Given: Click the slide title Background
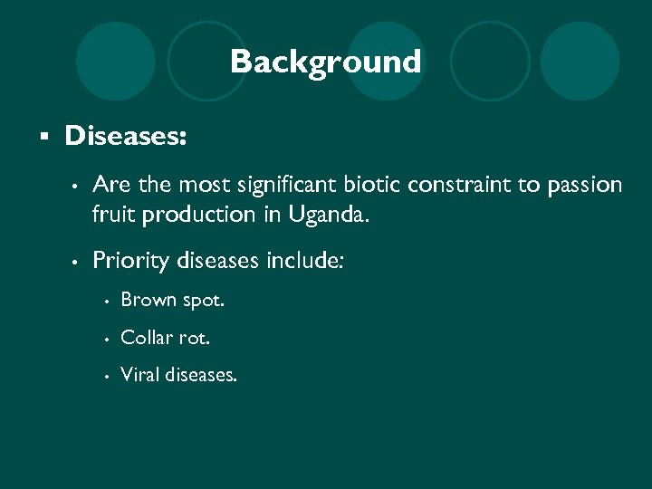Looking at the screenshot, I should click(325, 62).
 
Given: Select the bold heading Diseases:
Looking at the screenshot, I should click(126, 137).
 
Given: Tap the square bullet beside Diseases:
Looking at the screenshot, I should click(42, 138).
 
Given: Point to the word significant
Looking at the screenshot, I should click(286, 186).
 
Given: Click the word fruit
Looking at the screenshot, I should click(110, 216).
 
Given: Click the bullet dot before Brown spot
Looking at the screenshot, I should click(106, 301).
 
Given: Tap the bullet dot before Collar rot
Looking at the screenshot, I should click(106, 338).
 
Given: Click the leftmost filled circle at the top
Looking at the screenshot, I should click(115, 61).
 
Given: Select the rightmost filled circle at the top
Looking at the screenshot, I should click(579, 61).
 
